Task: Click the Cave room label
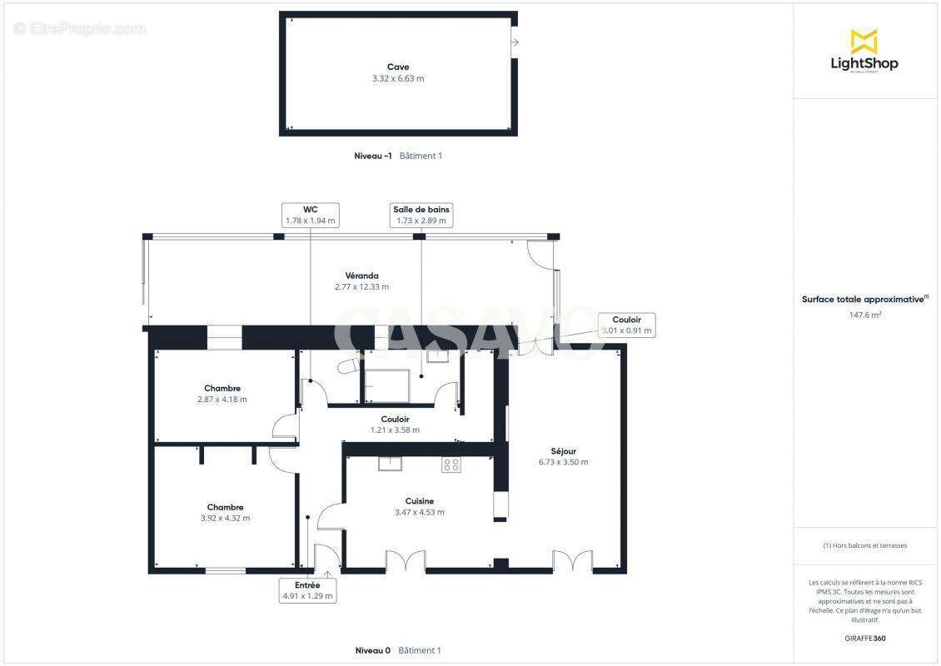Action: (398, 67)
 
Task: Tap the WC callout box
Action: (310, 215)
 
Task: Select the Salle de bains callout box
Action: (421, 215)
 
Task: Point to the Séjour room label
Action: (563, 451)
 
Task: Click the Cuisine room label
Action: (420, 501)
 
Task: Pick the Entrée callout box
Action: (308, 591)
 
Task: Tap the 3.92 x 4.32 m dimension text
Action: (225, 518)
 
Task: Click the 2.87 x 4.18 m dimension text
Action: (222, 400)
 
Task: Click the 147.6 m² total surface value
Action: (865, 315)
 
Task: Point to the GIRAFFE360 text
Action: (865, 639)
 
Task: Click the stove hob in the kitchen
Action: (451, 465)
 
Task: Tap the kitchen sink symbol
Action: (390, 464)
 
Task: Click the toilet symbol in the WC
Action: (348, 365)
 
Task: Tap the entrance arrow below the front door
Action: (326, 574)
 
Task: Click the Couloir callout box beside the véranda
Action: (626, 325)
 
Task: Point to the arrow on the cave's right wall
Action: (515, 42)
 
